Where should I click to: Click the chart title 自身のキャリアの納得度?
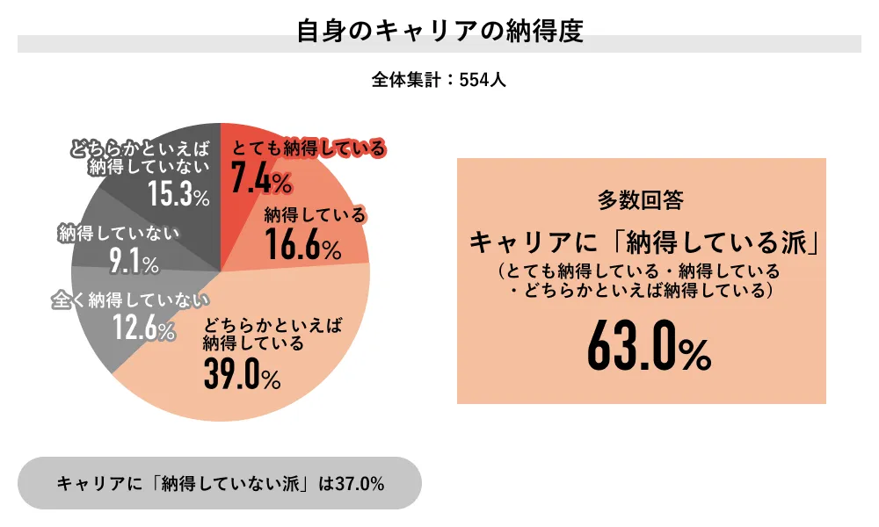pos(439,32)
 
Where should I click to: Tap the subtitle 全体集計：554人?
pos(439,79)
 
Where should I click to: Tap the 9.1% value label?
pos(133,261)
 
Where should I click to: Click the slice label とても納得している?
pos(308,148)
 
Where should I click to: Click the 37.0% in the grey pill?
pos(360,483)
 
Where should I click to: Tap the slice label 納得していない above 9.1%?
pos(119,234)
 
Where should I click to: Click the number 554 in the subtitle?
pos(476,79)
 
